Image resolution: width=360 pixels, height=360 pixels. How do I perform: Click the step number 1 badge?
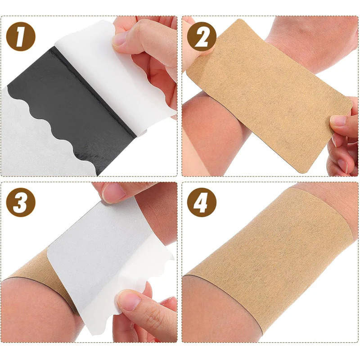(x=20, y=37)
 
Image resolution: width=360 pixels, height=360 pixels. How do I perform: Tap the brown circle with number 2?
(x=201, y=37)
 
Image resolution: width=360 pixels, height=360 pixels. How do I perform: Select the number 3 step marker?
(x=20, y=202)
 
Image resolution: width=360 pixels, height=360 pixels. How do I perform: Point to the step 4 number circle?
(x=202, y=202)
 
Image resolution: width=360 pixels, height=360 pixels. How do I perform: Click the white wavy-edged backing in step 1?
(x=36, y=135)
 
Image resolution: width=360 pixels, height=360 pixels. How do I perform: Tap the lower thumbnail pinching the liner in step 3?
(x=128, y=300)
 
